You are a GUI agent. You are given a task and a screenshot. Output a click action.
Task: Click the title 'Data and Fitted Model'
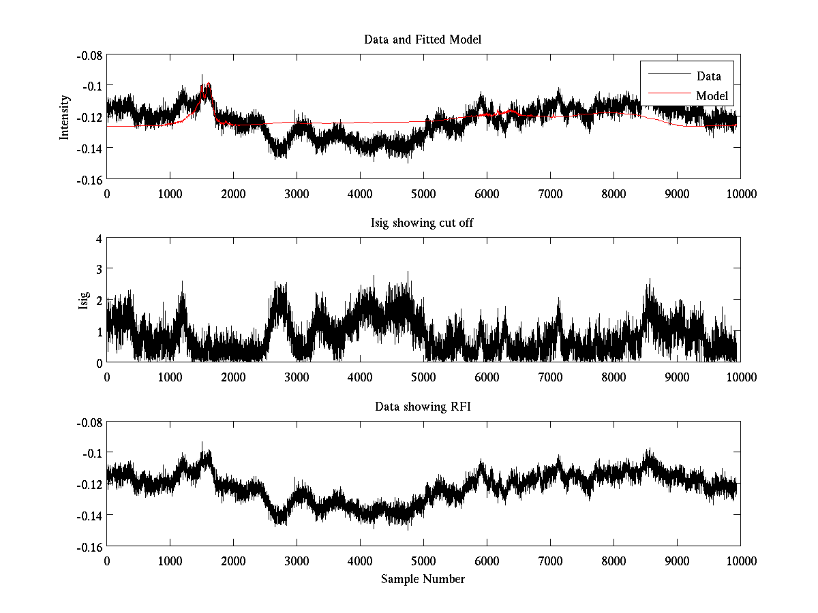click(x=423, y=40)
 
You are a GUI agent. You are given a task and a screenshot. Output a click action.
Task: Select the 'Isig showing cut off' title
click(x=423, y=223)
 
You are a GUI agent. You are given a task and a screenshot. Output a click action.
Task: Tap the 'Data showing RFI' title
click(x=423, y=407)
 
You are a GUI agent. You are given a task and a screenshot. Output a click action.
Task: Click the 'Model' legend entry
click(x=712, y=96)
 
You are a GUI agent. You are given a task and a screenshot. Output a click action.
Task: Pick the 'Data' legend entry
click(x=708, y=76)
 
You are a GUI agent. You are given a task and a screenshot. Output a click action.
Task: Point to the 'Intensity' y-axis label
click(x=65, y=116)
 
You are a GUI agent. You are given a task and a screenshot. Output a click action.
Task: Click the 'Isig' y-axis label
click(x=84, y=300)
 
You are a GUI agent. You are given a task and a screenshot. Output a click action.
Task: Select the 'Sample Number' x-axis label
click(x=423, y=579)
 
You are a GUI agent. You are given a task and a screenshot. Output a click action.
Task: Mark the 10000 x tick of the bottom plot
click(x=740, y=561)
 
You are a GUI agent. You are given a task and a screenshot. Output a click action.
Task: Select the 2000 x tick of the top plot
click(x=233, y=193)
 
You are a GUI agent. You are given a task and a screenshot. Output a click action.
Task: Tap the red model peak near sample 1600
click(x=209, y=84)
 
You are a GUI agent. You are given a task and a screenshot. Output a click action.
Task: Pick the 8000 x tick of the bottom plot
click(x=613, y=561)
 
